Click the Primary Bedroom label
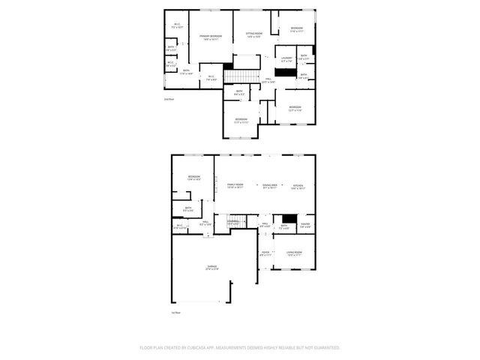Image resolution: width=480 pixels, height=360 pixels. coord(211,37)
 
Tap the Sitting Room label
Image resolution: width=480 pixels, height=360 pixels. coord(254,34)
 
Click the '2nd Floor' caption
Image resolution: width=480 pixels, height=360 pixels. coord(169,98)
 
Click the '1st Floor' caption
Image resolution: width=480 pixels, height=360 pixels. coord(177,312)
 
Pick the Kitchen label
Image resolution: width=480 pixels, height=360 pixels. coord(298,184)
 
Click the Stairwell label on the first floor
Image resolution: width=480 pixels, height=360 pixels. coord(233,220)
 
